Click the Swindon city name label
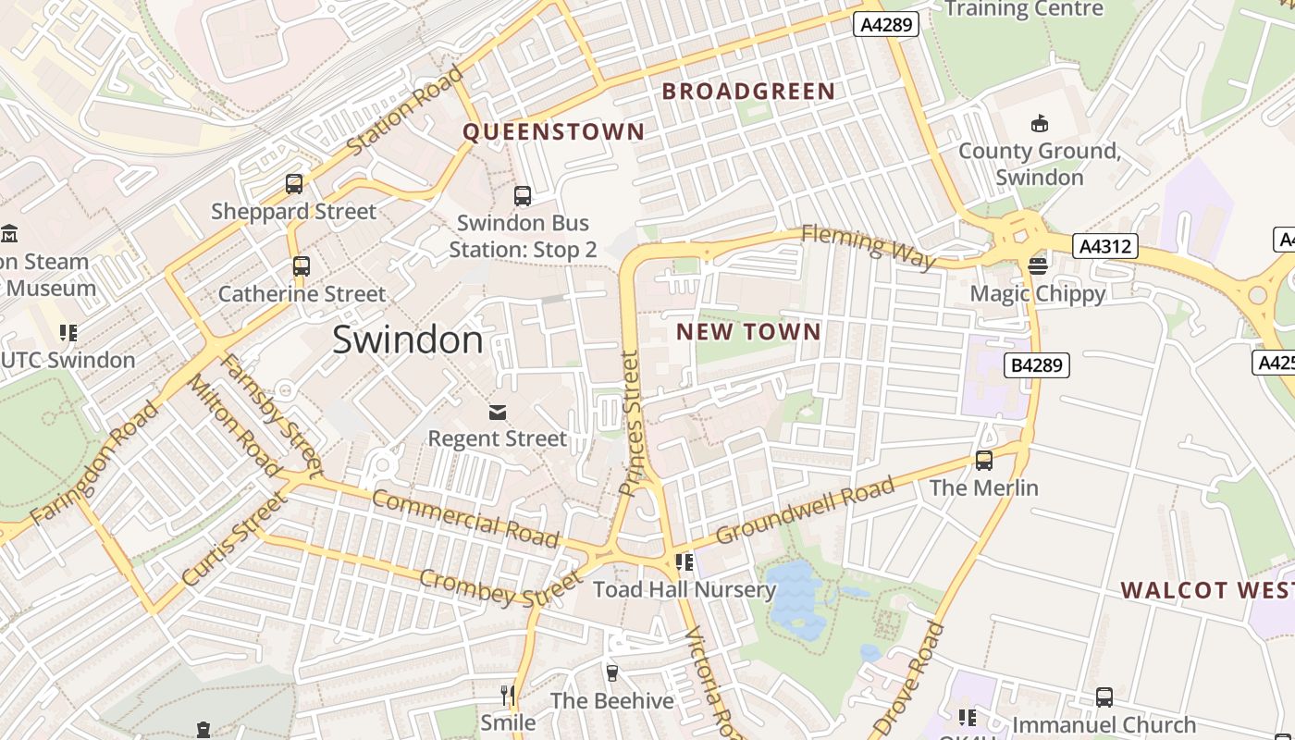tap(407, 339)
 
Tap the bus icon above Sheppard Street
tap(294, 184)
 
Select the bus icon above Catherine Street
tap(301, 266)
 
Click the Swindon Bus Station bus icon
tap(523, 196)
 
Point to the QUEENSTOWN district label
tap(553, 131)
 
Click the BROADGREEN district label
tap(748, 92)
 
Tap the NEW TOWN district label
tap(748, 331)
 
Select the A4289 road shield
tap(885, 24)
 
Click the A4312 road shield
tap(1104, 246)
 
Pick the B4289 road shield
tap(1036, 365)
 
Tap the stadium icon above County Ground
tap(1039, 123)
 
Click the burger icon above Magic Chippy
tap(1037, 266)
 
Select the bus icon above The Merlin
tap(984, 460)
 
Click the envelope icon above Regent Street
tap(498, 411)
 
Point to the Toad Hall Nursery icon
tap(684, 562)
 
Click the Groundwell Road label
tap(805, 510)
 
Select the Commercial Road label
tap(465, 518)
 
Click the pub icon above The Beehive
tap(611, 672)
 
